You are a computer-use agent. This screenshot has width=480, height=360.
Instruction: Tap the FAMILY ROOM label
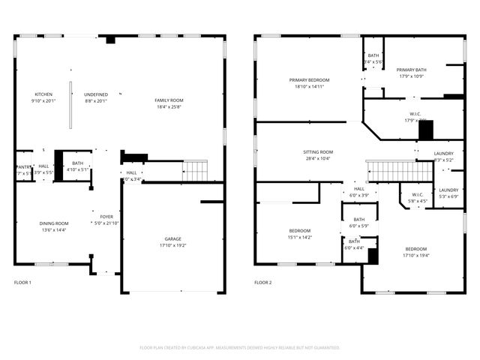click(169, 100)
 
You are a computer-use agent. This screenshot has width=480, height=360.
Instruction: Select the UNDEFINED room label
click(95, 94)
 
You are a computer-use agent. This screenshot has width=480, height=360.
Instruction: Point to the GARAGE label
click(173, 239)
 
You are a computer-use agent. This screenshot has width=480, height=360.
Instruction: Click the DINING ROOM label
click(54, 223)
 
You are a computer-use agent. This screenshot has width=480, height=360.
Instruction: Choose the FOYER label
click(106, 217)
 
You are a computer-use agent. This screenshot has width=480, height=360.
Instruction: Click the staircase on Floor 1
click(196, 171)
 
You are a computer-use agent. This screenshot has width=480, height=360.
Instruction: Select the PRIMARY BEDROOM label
click(309, 79)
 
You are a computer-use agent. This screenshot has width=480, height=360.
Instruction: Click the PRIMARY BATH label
click(410, 69)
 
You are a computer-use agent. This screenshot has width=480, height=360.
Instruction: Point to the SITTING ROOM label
click(318, 151)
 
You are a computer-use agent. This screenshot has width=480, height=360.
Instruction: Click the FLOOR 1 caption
click(23, 283)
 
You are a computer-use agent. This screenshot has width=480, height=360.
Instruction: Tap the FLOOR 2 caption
click(262, 283)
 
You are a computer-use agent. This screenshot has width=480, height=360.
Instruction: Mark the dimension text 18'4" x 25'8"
click(169, 106)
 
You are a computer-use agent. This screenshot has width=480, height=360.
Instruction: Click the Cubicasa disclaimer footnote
click(240, 347)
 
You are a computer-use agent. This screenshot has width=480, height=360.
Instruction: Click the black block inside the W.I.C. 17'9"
click(426, 130)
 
